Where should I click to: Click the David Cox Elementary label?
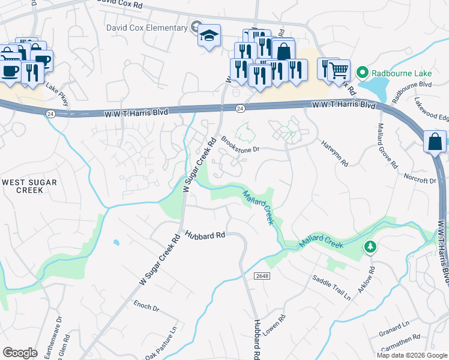[147, 28]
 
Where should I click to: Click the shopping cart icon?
[339, 70]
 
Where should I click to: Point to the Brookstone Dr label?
[240, 144]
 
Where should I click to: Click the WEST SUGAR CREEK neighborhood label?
[22, 185]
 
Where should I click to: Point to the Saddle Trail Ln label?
[331, 287]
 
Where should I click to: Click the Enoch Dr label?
[146, 308]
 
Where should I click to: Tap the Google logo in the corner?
[20, 352]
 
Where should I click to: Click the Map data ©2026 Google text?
[411, 355]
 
